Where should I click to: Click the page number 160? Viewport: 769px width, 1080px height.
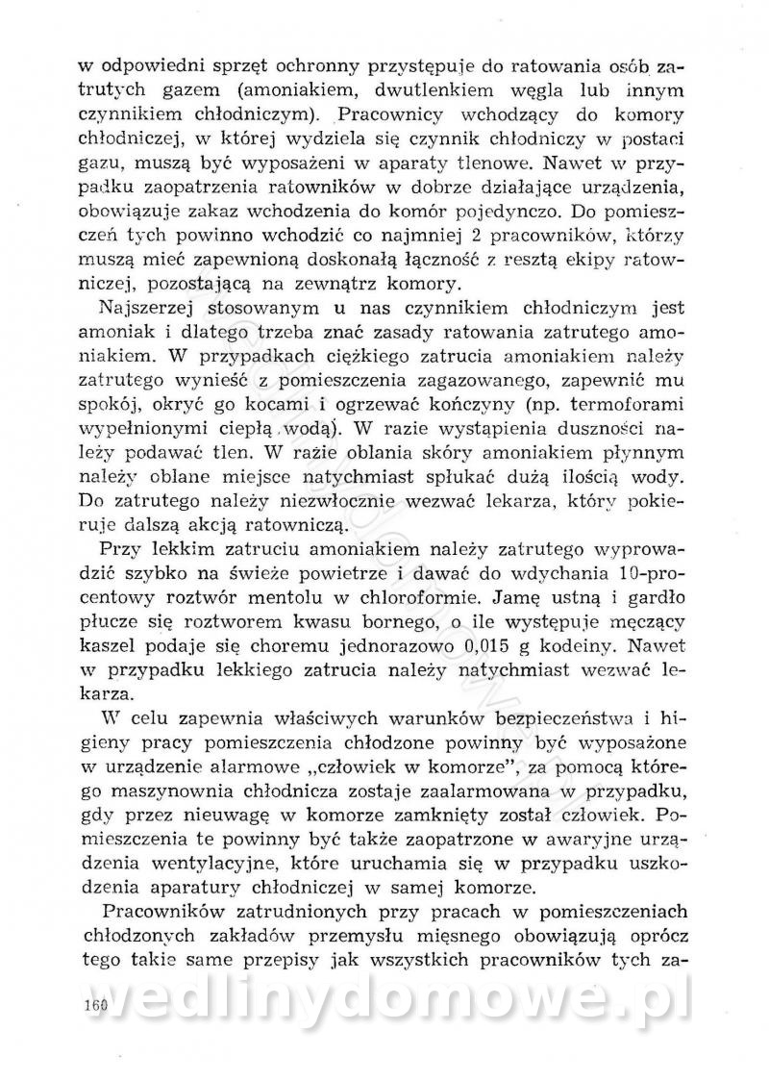click(95, 1000)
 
